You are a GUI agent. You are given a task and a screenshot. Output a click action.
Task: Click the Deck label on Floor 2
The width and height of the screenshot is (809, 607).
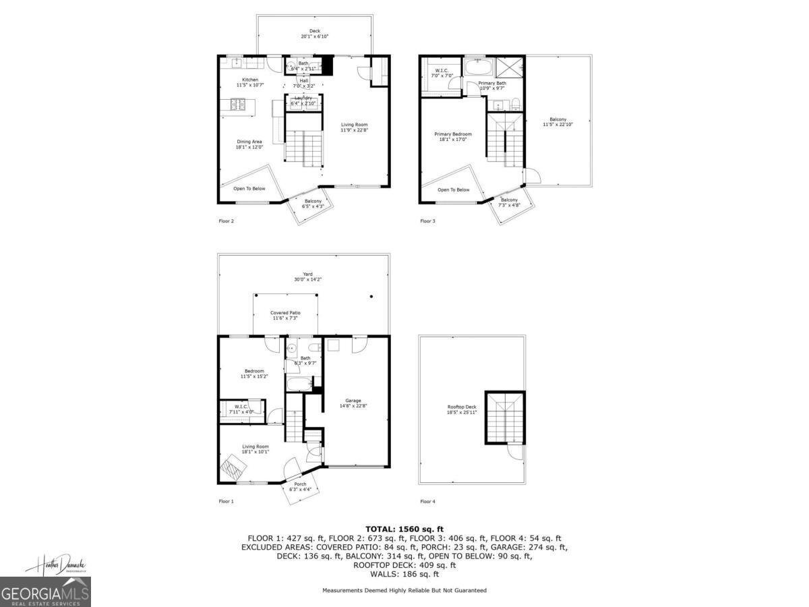(x=314, y=31)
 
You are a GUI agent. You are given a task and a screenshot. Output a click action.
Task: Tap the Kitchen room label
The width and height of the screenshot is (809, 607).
(x=250, y=80)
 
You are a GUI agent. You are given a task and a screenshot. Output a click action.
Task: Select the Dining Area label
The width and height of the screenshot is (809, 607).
(x=249, y=142)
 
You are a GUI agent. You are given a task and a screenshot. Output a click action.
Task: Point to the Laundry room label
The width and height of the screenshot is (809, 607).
(x=303, y=98)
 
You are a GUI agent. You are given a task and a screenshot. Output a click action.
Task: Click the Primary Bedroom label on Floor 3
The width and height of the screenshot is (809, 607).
(x=452, y=134)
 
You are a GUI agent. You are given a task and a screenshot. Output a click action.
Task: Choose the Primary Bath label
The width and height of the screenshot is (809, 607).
(x=491, y=83)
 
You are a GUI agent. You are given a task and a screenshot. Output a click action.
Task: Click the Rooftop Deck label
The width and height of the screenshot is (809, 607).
(x=462, y=407)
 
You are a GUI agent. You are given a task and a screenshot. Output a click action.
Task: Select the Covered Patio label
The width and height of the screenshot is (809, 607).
(x=285, y=313)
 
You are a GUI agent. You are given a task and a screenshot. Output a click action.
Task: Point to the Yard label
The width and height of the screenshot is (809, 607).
(x=307, y=274)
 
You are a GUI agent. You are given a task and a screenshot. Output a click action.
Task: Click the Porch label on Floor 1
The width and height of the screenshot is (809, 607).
(x=301, y=484)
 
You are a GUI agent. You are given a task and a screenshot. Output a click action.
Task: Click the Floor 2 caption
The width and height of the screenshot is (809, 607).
(x=227, y=221)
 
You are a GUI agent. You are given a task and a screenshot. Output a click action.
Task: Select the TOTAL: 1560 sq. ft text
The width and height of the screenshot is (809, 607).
(x=404, y=529)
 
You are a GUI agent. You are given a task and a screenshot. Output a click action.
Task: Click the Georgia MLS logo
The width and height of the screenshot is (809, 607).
(x=45, y=592)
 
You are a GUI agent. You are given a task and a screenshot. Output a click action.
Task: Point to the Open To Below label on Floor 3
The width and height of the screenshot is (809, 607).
(x=454, y=190)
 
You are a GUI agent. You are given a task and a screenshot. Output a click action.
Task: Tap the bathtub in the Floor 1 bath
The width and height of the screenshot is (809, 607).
(x=298, y=384)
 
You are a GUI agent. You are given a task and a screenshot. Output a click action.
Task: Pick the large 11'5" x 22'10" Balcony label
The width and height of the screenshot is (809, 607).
(x=558, y=121)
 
